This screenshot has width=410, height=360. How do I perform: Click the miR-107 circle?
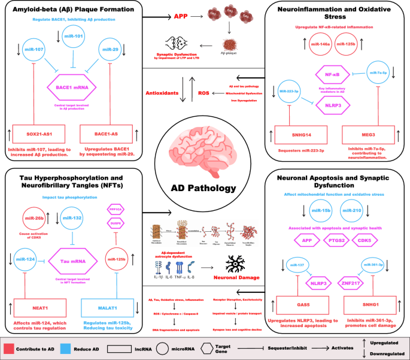(x=35, y=50)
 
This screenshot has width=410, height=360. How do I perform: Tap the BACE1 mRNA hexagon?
(x=70, y=93)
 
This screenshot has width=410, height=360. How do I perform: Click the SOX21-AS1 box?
(x=34, y=131)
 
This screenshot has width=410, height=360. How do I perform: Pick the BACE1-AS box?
(x=106, y=131)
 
